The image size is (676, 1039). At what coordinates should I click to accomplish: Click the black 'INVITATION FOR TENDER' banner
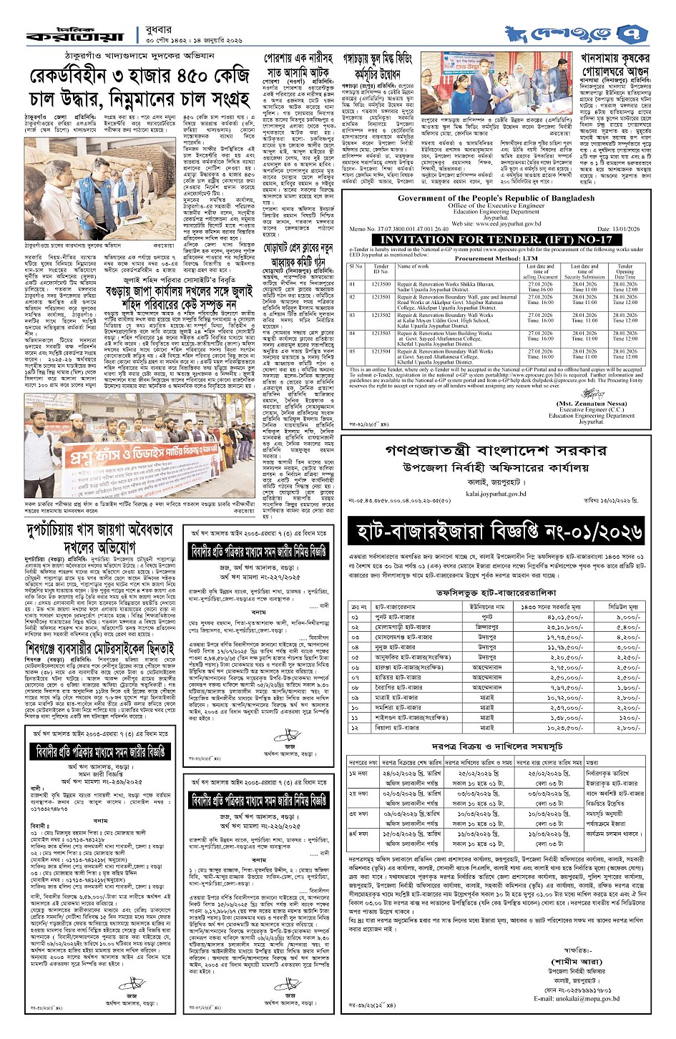click(496, 239)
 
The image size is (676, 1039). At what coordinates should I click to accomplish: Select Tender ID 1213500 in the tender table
click(381, 284)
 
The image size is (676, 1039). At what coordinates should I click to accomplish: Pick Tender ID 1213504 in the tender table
click(381, 351)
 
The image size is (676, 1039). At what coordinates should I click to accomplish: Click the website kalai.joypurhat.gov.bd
click(495, 493)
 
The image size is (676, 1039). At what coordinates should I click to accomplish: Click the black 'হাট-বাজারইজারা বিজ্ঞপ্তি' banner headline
click(496, 532)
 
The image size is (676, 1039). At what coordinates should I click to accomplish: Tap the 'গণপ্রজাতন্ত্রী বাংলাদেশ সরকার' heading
click(495, 451)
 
